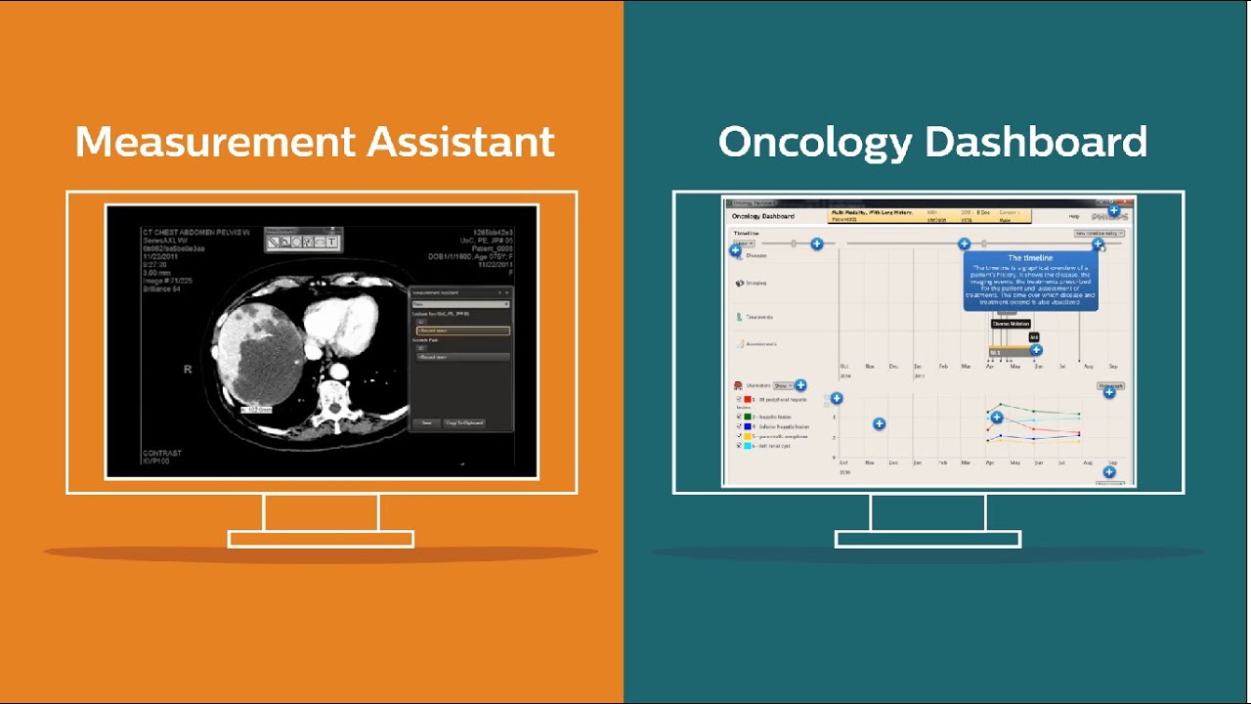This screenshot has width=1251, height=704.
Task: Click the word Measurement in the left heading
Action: [215, 143]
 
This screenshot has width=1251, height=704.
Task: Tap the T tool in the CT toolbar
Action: [332, 242]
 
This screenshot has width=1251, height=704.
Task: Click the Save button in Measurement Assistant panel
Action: [427, 423]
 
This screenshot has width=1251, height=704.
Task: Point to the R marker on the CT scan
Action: [188, 370]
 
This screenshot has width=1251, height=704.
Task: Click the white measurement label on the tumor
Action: [257, 409]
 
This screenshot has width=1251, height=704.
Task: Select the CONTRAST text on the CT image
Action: [162, 454]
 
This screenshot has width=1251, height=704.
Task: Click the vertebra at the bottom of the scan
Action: [335, 396]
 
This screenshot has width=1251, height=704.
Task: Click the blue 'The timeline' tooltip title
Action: [1030, 258]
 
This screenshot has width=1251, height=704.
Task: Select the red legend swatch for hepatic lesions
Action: [748, 400]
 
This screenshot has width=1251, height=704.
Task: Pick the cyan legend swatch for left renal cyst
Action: [748, 446]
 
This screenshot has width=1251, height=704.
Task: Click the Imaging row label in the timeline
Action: [755, 284]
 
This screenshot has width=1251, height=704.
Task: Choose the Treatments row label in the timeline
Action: [758, 317]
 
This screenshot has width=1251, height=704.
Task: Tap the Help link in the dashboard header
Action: [1074, 216]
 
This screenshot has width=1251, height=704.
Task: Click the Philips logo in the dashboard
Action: [1109, 216]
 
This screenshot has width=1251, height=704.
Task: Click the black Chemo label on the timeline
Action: [1011, 324]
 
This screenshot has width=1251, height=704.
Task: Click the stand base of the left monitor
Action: [321, 539]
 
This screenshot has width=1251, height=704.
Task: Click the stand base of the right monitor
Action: [927, 539]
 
